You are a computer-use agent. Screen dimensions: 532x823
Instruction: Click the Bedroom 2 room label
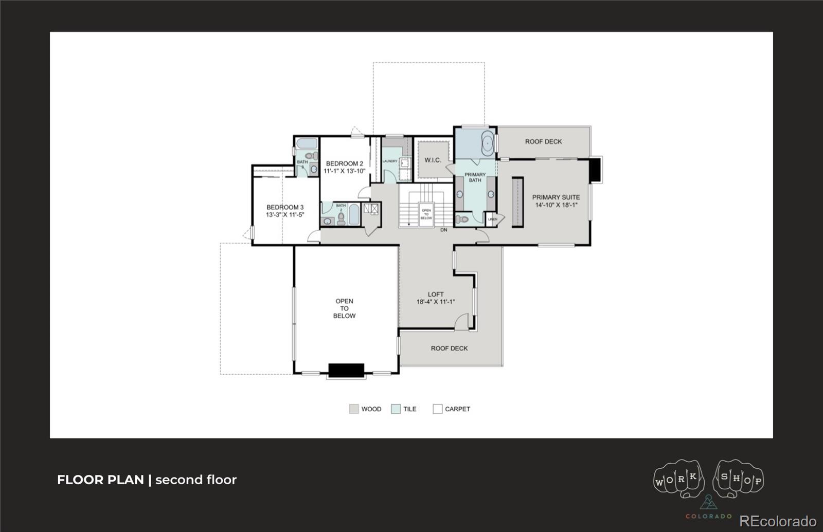pyautogui.click(x=344, y=163)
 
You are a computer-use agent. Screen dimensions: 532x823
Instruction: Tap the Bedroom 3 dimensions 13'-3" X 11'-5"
pyautogui.click(x=285, y=215)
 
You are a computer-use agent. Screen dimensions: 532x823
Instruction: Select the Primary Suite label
pyautogui.click(x=556, y=197)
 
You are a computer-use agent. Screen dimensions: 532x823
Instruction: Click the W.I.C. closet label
pyautogui.click(x=433, y=160)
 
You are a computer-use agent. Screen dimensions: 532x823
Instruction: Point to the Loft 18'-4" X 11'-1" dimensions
pyautogui.click(x=436, y=302)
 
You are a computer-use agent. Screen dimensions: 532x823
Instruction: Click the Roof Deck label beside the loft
pyautogui.click(x=449, y=348)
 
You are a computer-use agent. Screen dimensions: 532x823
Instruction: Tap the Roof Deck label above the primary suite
pyautogui.click(x=543, y=141)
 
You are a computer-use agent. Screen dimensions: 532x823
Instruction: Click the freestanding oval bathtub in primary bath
pyautogui.click(x=487, y=143)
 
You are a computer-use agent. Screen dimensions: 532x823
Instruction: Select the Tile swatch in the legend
pyautogui.click(x=396, y=409)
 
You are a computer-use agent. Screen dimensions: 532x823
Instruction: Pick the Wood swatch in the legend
pyautogui.click(x=353, y=409)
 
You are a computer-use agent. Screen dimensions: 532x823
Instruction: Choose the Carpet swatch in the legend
pyautogui.click(x=437, y=409)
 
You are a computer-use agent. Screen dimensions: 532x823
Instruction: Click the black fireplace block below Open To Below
pyautogui.click(x=346, y=370)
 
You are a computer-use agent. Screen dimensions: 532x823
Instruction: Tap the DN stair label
pyautogui.click(x=443, y=230)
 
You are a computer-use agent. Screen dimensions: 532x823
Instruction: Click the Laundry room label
pyautogui.click(x=390, y=161)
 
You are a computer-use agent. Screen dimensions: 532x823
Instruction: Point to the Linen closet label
pyautogui.click(x=493, y=219)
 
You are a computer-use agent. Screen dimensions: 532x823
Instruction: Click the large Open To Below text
pyautogui.click(x=344, y=308)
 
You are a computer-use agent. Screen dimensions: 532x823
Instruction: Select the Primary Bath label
pyautogui.click(x=475, y=177)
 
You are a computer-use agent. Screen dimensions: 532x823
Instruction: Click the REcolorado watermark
pyautogui.click(x=777, y=521)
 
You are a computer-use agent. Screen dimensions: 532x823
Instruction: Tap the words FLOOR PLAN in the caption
pyautogui.click(x=100, y=480)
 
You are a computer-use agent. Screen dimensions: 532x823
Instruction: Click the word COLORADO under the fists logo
pyautogui.click(x=708, y=516)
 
